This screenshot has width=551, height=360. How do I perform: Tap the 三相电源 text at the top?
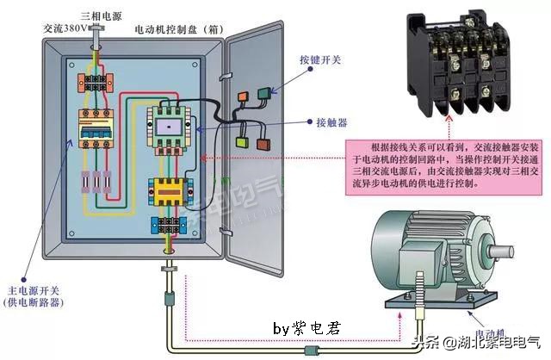click(x=98, y=16)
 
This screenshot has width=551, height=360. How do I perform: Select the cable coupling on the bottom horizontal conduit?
click(x=311, y=350)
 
